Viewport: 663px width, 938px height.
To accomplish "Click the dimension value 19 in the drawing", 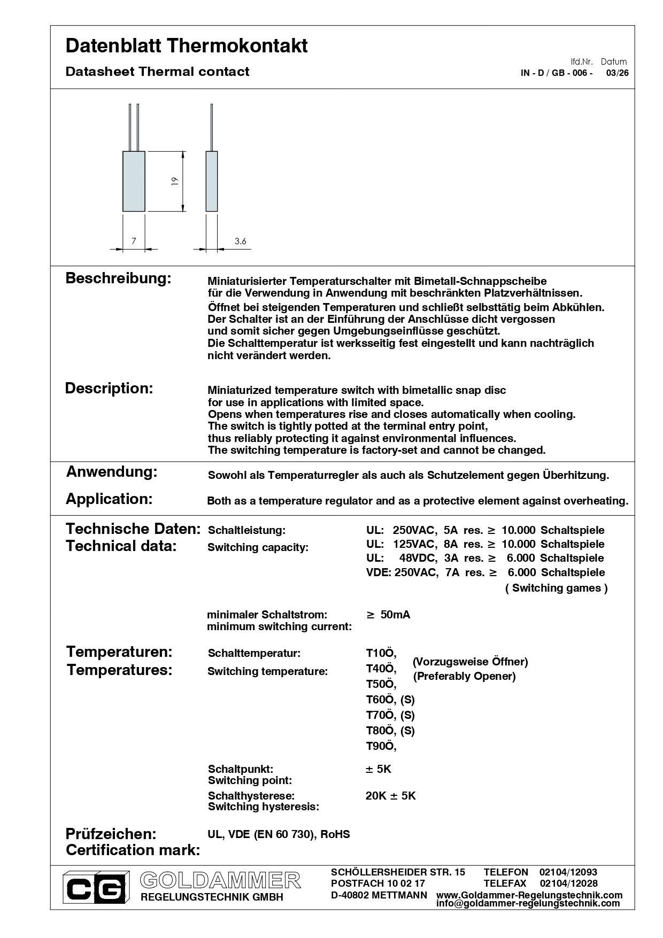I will tap(175, 181).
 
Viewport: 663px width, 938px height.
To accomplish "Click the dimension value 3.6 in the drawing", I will tap(241, 241).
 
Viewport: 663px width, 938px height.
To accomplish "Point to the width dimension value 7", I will tap(134, 241).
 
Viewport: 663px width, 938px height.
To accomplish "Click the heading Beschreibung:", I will tap(118, 278).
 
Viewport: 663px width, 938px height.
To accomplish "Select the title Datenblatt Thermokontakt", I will tap(187, 46).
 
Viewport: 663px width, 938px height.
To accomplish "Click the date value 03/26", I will tap(617, 73).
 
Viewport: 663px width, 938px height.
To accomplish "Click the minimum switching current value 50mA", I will tap(395, 615).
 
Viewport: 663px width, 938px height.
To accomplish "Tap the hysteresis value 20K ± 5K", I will tap(390, 796).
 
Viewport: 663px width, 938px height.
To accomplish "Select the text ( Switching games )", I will tap(556, 588).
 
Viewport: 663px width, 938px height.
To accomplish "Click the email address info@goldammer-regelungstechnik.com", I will tap(528, 903).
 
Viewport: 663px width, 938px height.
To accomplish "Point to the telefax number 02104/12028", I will tap(568, 883).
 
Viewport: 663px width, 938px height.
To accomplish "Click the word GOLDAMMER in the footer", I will tap(220, 880).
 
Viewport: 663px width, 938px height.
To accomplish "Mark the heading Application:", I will tap(109, 499).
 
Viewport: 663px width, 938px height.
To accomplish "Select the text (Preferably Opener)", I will tap(464, 676).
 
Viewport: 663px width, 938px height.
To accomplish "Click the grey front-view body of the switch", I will tap(134, 181).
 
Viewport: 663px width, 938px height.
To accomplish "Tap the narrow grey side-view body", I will tap(212, 181).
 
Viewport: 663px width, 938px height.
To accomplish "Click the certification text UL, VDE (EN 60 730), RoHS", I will tap(279, 834).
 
